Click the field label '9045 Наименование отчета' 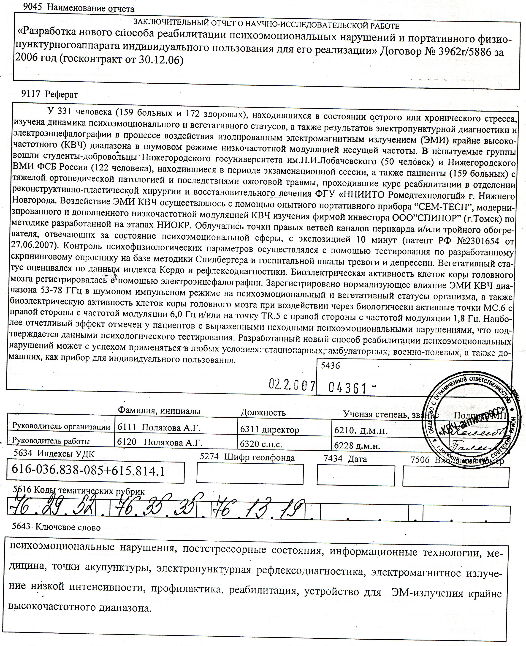click(79, 8)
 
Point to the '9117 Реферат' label click(50, 95)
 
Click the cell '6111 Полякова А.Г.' click(159, 428)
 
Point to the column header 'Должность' click(263, 413)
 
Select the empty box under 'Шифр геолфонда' click(250, 474)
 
